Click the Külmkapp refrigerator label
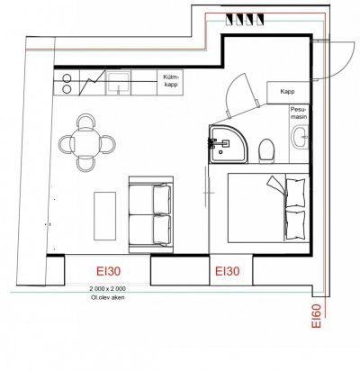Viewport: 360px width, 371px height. (170, 80)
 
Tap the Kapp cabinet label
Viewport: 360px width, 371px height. (287, 92)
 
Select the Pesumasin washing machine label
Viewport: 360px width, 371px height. (299, 113)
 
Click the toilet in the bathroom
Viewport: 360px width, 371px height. (266, 150)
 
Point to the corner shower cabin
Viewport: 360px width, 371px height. (229, 145)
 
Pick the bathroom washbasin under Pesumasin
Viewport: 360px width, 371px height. (301, 137)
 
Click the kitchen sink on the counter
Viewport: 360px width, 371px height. (119, 83)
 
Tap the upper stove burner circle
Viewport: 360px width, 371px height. (67, 78)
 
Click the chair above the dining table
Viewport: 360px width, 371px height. (86, 121)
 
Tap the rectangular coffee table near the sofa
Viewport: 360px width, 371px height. (105, 216)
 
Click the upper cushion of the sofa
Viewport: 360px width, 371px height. (162, 199)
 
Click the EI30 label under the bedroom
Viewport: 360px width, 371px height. (228, 271)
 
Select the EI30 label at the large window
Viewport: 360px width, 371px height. (108, 271)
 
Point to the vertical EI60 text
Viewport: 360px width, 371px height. (316, 316)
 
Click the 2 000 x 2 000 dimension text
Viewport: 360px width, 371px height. (107, 289)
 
